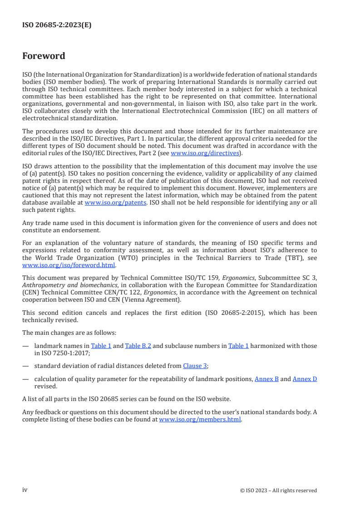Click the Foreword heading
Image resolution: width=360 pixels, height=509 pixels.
(44, 56)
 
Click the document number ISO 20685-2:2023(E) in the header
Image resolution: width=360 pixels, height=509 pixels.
(57, 25)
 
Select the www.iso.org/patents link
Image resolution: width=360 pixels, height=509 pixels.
(115, 202)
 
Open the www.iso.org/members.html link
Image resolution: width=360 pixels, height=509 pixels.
(199, 420)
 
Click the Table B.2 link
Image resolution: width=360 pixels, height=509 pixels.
(138, 346)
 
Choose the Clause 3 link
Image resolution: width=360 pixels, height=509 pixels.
(195, 366)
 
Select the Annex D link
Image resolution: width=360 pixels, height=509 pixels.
(305, 378)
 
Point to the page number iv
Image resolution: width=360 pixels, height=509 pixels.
(25, 489)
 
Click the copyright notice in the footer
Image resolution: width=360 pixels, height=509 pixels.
(278, 490)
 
